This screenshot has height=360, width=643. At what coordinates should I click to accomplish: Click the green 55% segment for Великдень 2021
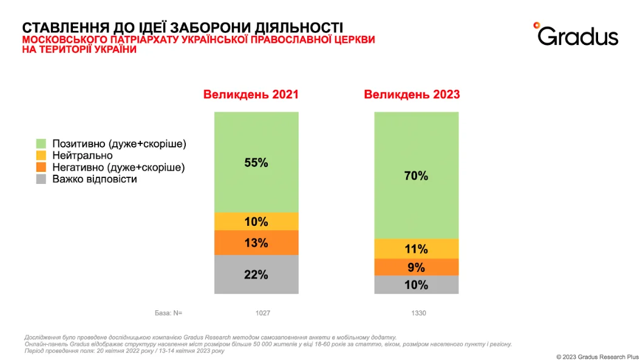point(256,162)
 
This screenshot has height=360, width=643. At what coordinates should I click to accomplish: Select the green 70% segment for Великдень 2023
point(416,175)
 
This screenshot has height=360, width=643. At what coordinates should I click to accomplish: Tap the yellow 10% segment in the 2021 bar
point(256,222)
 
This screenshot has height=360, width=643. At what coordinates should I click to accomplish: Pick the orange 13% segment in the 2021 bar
point(256,243)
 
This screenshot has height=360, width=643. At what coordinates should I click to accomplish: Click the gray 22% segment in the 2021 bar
point(256,274)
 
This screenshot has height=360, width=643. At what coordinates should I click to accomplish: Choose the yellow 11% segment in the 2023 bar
point(416,249)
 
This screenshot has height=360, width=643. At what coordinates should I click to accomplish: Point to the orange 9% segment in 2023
point(416,267)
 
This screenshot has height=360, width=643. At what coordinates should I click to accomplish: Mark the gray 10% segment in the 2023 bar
point(416,285)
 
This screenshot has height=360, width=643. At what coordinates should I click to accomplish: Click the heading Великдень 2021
point(251,95)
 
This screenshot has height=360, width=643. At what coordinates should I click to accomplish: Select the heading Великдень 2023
point(412,95)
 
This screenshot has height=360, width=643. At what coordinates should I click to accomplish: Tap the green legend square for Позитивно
point(41,144)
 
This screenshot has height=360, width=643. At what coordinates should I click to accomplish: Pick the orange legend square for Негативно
point(41,168)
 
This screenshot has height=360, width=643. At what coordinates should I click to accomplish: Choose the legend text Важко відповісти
point(94,179)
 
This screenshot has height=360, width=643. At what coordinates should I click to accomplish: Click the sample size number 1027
point(262,313)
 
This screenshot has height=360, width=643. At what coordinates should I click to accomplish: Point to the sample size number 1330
point(418,313)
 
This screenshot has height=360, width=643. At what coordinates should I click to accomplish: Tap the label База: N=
point(168,313)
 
